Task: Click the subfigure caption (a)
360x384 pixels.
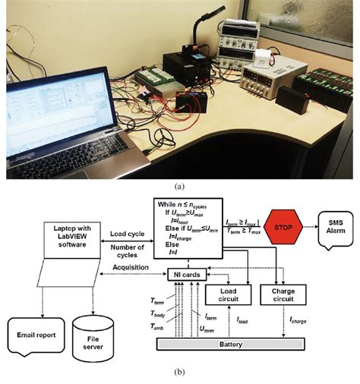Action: tap(179, 184)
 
